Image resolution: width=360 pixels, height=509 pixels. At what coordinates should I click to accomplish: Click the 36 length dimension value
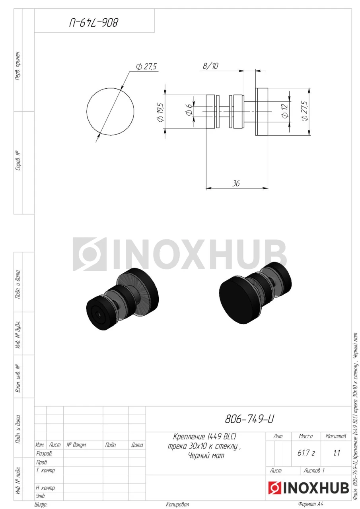[x=235, y=183]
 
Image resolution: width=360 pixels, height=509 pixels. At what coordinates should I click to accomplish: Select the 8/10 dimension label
[x=210, y=66]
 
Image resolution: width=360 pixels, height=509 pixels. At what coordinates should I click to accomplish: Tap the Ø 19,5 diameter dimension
[x=160, y=112]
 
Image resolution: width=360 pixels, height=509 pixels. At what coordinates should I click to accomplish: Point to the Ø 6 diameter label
[x=189, y=109]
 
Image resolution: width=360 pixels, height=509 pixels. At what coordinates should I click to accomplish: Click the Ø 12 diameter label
[x=284, y=111]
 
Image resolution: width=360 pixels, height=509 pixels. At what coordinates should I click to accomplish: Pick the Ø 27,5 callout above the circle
[x=146, y=66]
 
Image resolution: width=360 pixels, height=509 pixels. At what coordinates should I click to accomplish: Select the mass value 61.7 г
[x=306, y=453]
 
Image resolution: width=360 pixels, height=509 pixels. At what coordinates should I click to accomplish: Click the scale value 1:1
[x=337, y=453]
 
